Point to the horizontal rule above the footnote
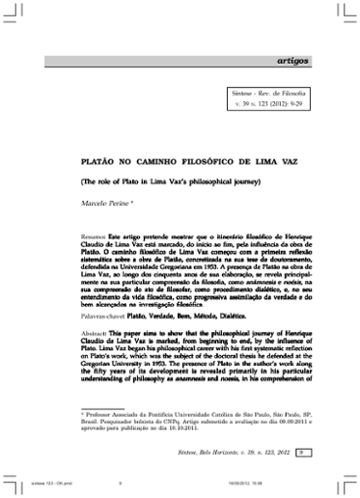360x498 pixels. pos(107,406)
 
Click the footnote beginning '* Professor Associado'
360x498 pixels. pos(192,422)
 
